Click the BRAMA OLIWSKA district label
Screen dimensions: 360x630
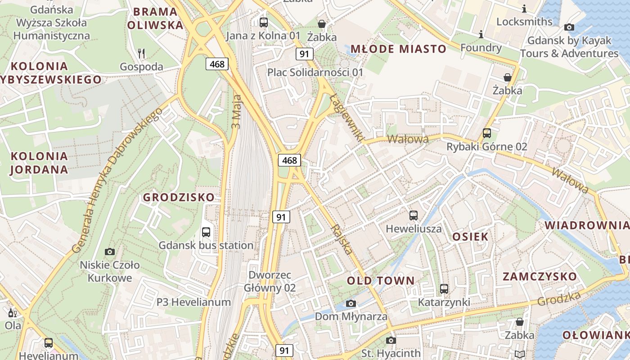[x=155, y=18]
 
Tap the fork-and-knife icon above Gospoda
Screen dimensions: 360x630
[x=141, y=54]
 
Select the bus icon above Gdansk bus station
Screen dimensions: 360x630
[x=206, y=232]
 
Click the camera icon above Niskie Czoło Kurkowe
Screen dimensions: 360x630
[x=109, y=252]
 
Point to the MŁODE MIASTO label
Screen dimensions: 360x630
[x=398, y=49]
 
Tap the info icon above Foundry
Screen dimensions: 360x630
[x=481, y=34]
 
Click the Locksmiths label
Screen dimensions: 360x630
[x=524, y=22]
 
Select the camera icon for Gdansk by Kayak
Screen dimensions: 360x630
[x=569, y=27]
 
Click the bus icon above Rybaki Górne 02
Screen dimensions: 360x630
[x=486, y=133]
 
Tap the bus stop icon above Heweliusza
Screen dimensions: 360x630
[x=414, y=216]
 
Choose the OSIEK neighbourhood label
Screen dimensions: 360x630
[x=470, y=237]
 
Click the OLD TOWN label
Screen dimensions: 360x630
[x=381, y=281]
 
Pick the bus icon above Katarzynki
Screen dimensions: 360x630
[x=444, y=289]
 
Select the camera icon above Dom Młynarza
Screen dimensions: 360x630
[x=351, y=303]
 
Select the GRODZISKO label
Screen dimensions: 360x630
[x=179, y=197]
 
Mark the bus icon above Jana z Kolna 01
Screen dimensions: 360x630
[x=264, y=22]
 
